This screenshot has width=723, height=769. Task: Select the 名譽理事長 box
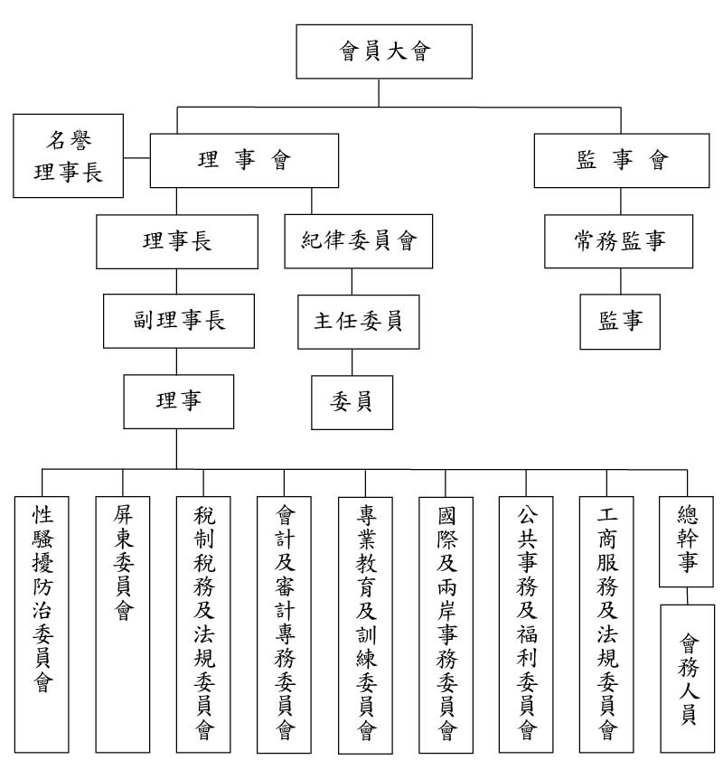(68, 155)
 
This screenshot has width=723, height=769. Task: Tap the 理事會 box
(244, 161)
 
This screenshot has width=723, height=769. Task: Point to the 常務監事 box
(619, 241)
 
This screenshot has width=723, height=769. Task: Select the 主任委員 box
(359, 321)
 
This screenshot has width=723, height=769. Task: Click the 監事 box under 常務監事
(620, 321)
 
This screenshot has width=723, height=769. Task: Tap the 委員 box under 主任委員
(352, 399)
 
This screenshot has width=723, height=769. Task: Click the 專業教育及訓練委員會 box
(366, 624)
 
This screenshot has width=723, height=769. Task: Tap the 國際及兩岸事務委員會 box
(447, 624)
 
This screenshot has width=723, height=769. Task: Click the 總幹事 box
(688, 541)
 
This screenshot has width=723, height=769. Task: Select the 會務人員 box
(688, 678)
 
